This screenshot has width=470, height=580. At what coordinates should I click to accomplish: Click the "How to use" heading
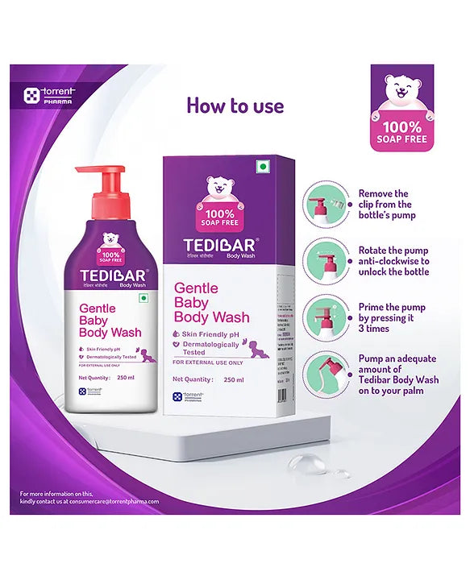point(235,106)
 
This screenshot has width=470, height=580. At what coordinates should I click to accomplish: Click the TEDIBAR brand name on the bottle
point(104,272)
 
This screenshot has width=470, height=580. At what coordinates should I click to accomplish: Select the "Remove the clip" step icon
point(325,201)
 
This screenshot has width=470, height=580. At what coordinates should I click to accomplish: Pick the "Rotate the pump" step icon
point(325,259)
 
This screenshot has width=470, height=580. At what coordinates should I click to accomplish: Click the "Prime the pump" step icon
point(325,317)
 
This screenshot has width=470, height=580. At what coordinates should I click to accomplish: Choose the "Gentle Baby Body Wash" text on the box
point(212,303)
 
